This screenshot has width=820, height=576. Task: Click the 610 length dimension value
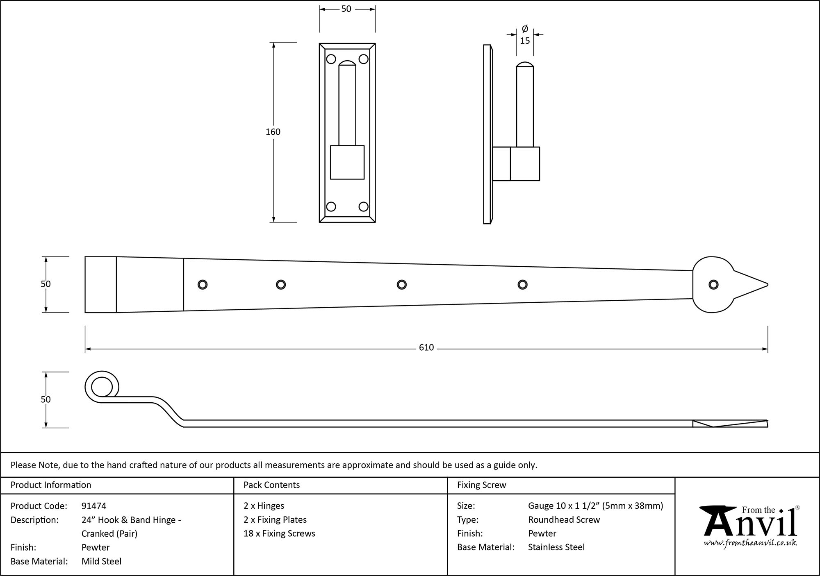coord(426,348)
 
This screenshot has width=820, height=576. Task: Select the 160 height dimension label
coord(273,132)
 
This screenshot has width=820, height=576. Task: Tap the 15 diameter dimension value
coord(525,41)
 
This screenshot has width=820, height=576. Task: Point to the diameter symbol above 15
coord(525,29)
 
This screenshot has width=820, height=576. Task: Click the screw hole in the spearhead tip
coord(713,285)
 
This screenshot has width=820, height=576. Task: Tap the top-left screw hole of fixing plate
coord(331,59)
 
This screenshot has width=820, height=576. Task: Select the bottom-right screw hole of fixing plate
coord(363,206)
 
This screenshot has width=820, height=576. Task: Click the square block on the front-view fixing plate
coord(347,162)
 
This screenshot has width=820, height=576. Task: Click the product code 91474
coord(94,506)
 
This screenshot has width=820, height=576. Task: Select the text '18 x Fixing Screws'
coord(279,533)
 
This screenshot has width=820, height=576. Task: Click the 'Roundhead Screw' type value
coord(564,519)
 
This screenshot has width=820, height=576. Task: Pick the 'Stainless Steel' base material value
coord(556,547)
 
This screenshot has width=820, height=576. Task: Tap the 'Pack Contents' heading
coord(271,485)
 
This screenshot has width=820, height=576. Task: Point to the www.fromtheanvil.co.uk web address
coord(750,543)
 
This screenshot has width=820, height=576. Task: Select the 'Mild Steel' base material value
coord(101,561)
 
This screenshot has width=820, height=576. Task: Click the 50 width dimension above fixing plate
coord(346,9)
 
